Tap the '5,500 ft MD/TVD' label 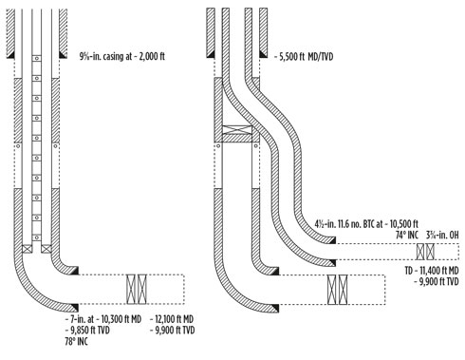click(304, 57)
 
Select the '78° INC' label click(77, 342)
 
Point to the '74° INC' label click(406, 236)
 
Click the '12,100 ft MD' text click(172, 319)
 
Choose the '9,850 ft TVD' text click(87, 331)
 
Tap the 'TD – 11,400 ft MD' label click(432, 271)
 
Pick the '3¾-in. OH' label click(442, 236)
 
